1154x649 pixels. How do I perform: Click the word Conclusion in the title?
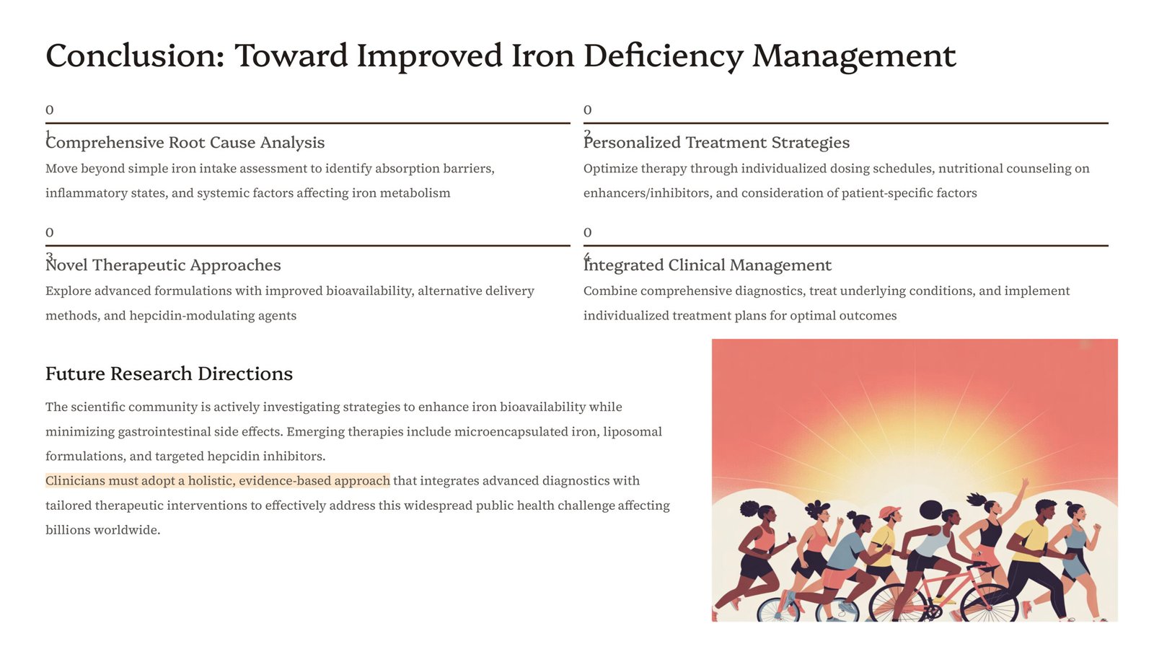[x=135, y=56]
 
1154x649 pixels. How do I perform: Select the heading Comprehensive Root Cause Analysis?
[x=185, y=142]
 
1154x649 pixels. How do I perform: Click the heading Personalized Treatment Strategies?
[x=716, y=142]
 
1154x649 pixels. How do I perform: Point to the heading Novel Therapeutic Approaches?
[x=163, y=265]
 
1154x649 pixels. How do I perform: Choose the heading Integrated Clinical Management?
[x=708, y=265]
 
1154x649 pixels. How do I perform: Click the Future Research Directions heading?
[x=169, y=374]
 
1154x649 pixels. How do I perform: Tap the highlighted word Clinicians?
[x=75, y=480]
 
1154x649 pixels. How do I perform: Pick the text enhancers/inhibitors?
[x=648, y=193]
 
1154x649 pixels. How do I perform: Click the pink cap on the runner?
[x=889, y=511]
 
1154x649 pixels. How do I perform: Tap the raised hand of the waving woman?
[x=1024, y=482]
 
